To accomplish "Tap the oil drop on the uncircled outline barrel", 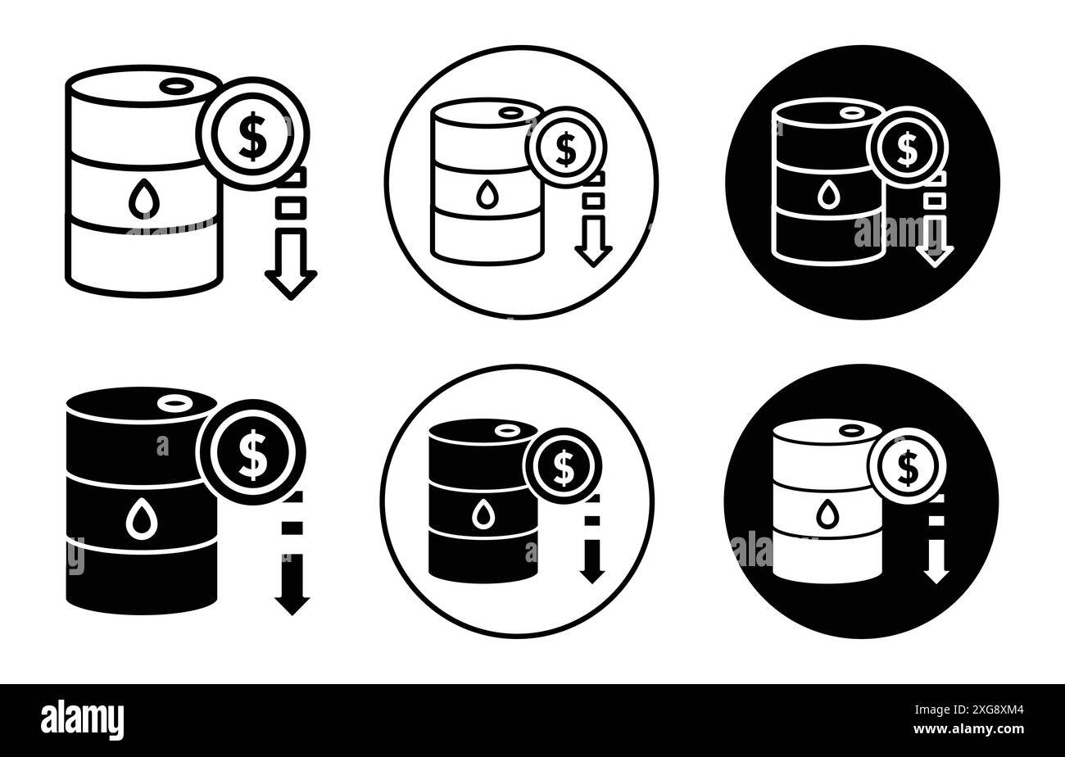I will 143,198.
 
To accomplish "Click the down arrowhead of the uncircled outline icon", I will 290,283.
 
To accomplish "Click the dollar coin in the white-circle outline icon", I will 565,148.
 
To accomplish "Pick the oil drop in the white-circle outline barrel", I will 487,193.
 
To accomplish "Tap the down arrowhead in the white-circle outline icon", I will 594,256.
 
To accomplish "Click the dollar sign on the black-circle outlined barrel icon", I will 907,148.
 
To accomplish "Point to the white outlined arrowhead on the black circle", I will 934,256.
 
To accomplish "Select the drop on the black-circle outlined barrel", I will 828,194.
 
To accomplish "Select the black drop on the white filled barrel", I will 828,513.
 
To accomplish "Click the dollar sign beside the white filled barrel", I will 907,468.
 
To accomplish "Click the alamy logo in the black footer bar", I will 83,720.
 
